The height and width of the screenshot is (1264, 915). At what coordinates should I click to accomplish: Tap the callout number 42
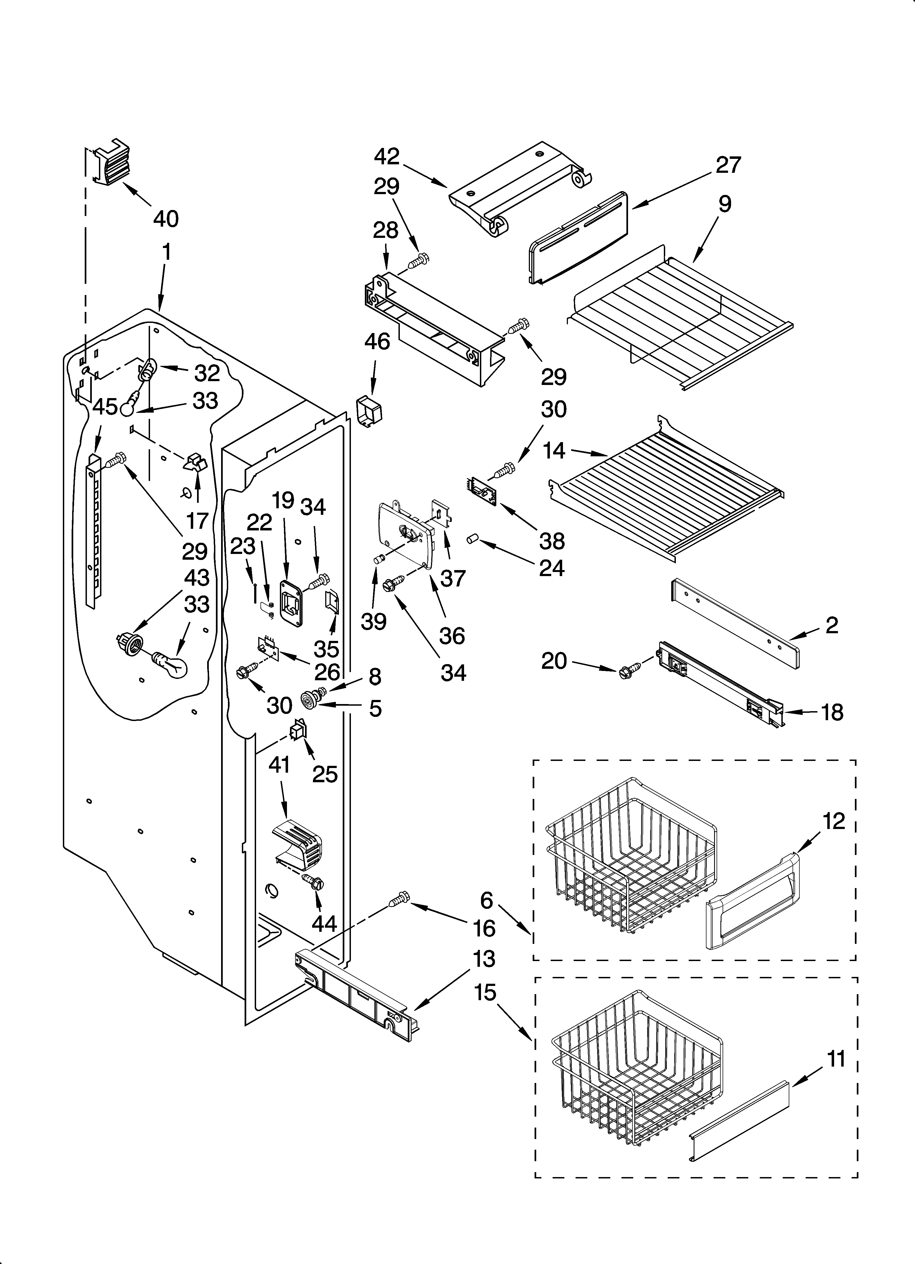click(x=387, y=157)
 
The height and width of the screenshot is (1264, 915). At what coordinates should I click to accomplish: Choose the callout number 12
click(x=834, y=820)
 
